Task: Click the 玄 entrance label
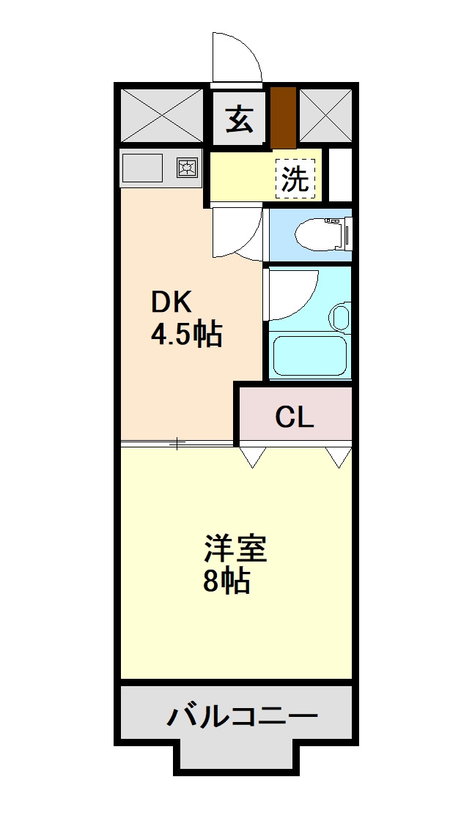coord(239,119)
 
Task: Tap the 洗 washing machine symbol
coord(296,178)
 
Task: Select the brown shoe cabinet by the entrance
coord(283,117)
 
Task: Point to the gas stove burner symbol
coord(187,168)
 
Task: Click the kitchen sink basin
coord(142,168)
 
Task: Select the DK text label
coord(171,302)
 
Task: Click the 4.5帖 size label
coord(186,335)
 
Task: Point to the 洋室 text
coord(235,549)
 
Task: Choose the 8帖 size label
coord(226,582)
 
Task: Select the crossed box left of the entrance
coord(161,115)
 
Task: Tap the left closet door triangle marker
coord(252,457)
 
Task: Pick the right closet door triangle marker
coord(339,457)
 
